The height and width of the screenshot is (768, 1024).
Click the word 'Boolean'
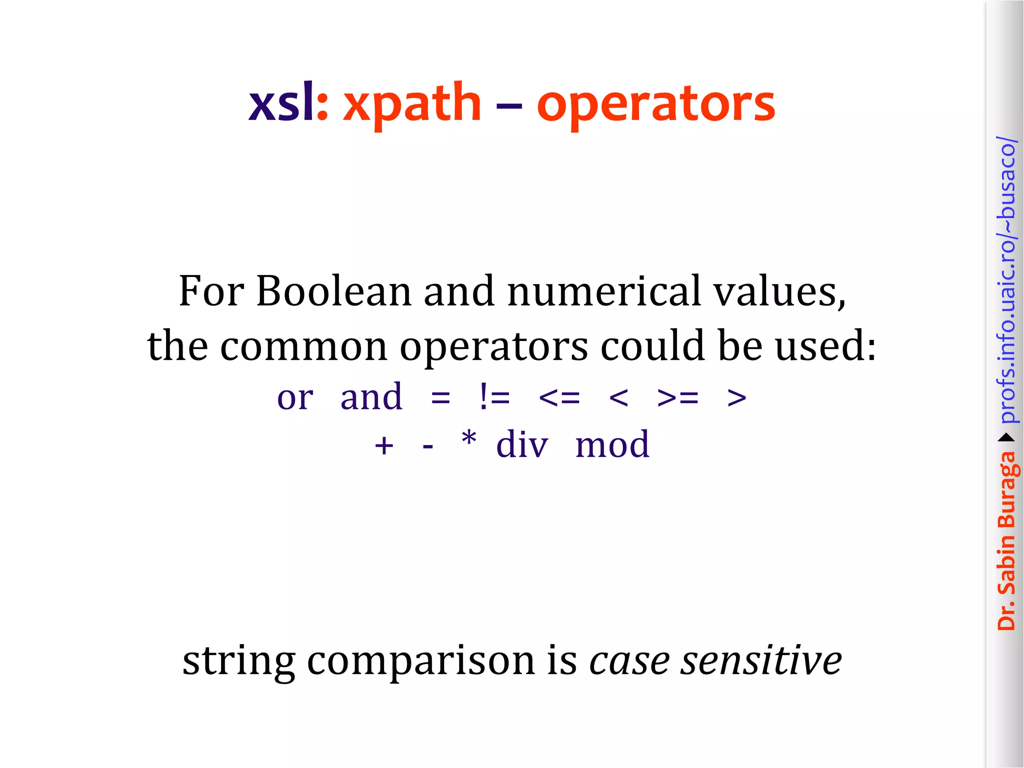[333, 291]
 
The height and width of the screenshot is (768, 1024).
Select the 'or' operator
[295, 398]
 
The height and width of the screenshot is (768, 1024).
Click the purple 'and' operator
[371, 397]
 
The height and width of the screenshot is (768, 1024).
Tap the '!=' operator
[494, 397]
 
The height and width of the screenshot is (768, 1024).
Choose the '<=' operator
[559, 398]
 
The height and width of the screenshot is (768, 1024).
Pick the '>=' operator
[678, 398]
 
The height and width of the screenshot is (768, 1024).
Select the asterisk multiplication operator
[469, 440]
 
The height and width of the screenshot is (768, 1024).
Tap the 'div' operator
[522, 444]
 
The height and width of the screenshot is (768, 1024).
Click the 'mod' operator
[612, 444]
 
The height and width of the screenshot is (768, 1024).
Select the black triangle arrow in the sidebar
[1006, 438]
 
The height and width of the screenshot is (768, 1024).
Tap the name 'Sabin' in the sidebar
[1006, 564]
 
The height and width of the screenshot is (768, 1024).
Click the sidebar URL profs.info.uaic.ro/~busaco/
[1006, 280]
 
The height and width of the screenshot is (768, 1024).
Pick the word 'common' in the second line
[303, 346]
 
